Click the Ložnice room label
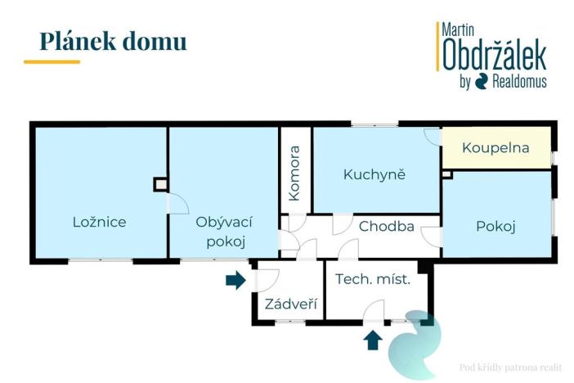click(x=99, y=221)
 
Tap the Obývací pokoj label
click(x=222, y=231)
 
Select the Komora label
click(x=294, y=173)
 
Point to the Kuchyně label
click(x=374, y=174)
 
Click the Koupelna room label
click(x=496, y=148)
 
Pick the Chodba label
click(x=386, y=227)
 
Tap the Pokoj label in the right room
click(x=496, y=227)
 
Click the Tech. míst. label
click(x=372, y=279)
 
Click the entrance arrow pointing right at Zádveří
click(x=236, y=281)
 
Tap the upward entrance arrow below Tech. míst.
click(x=373, y=338)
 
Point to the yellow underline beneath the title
click(x=52, y=61)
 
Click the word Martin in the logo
click(x=460, y=29)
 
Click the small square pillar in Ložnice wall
click(x=160, y=185)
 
